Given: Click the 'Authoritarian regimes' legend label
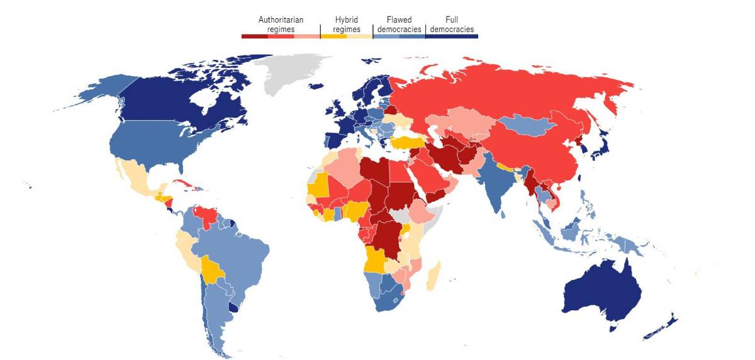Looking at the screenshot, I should click(281, 25).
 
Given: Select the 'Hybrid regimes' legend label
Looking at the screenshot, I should click(347, 25).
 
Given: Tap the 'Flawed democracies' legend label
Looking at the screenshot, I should click(399, 25).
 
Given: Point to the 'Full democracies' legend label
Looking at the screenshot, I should click(451, 25).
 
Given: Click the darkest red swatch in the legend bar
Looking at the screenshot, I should click(254, 37).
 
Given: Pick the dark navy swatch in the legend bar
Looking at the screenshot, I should click(451, 37).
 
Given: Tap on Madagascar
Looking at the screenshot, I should click(433, 278).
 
